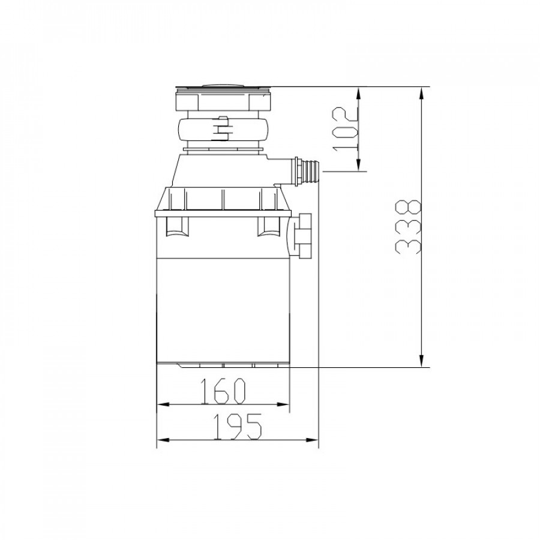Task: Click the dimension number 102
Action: click(345, 129)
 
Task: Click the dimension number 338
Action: click(409, 227)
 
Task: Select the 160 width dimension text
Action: click(223, 391)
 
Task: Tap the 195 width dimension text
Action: click(237, 427)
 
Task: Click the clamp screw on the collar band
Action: click(223, 129)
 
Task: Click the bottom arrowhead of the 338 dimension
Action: click(421, 360)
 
